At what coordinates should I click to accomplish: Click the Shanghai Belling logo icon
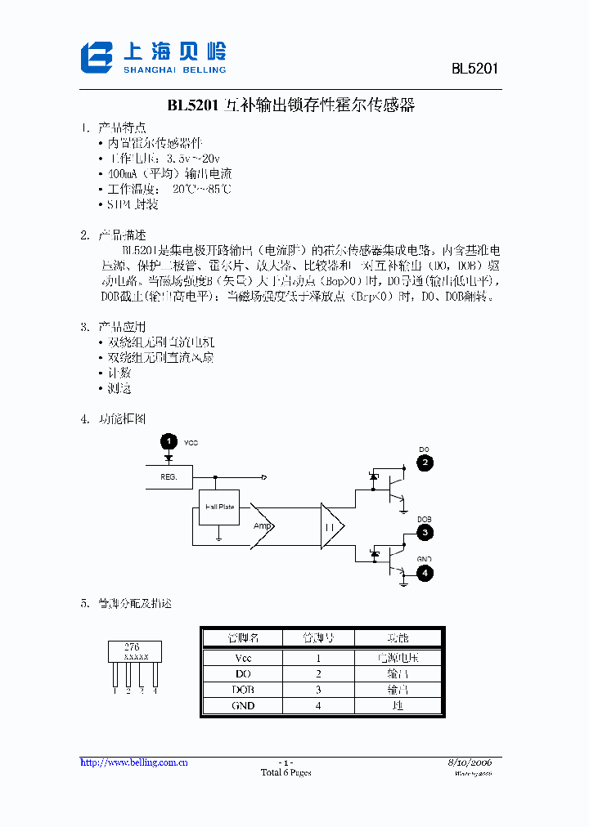tap(97, 57)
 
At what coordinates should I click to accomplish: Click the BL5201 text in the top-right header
tap(474, 69)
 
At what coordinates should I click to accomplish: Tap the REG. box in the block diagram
tap(169, 476)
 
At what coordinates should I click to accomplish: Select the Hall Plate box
tap(219, 507)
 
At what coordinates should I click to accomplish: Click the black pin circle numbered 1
tap(168, 442)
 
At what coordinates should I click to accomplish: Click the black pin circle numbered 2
tap(425, 463)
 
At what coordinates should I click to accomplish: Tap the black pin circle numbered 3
tap(425, 533)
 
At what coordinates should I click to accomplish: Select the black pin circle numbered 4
tap(425, 573)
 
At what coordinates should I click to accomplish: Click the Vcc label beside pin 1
tap(191, 443)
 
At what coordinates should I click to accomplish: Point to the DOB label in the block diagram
tap(424, 519)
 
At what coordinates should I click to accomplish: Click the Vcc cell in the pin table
tap(242, 658)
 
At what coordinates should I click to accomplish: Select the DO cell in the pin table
tap(242, 673)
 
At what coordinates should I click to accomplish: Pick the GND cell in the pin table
tap(242, 705)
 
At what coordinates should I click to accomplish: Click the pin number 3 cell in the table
tap(318, 690)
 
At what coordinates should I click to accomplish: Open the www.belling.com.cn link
tap(134, 762)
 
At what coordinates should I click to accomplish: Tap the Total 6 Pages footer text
tap(286, 773)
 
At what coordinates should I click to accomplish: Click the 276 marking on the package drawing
tap(132, 646)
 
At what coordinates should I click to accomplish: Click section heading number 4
tap(84, 419)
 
